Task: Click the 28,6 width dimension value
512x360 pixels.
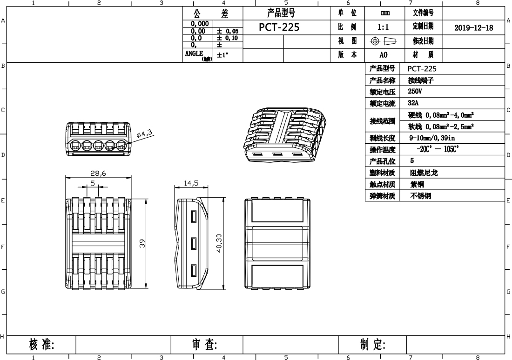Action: point(98,173)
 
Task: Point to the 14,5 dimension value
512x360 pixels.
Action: point(191,183)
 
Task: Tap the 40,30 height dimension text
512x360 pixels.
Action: point(219,243)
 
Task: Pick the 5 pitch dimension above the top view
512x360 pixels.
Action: point(93,183)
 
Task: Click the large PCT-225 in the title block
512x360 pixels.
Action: point(279,27)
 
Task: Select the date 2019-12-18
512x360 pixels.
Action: point(474,28)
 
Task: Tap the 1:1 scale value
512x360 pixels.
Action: point(384,27)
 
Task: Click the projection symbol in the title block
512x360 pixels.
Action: point(384,41)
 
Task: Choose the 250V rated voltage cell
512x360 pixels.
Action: point(415,91)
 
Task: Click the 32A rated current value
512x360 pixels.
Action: point(413,103)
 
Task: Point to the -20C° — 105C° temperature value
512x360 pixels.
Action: point(438,149)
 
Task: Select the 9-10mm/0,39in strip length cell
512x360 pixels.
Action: point(432,138)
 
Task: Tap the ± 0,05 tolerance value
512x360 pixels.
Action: point(228,31)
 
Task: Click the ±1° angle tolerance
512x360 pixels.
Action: point(222,55)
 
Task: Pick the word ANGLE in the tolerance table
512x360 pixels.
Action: point(194,53)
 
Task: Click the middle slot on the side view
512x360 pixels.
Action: point(193,243)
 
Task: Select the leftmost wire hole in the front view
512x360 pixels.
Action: point(75,145)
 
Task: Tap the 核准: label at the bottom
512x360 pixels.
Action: point(42,344)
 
